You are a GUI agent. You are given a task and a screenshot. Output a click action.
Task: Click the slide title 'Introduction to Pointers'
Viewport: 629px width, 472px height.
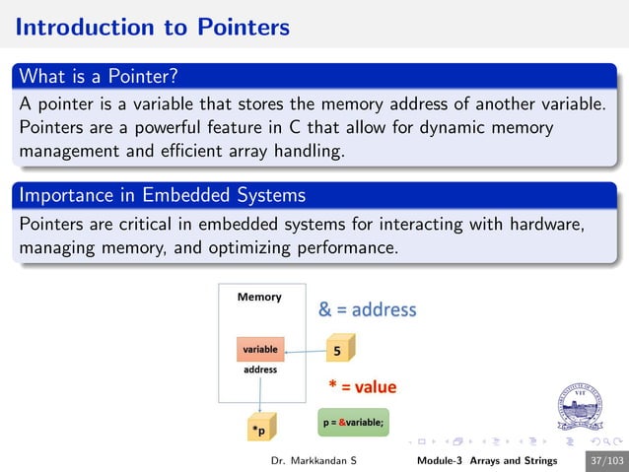pyautogui.click(x=153, y=27)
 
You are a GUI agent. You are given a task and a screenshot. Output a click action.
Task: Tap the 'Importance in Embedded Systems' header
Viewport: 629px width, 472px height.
pyautogui.click(x=163, y=196)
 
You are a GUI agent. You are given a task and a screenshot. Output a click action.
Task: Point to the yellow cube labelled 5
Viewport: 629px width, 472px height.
pyautogui.click(x=340, y=349)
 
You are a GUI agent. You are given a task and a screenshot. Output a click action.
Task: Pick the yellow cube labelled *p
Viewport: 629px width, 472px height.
pyautogui.click(x=260, y=429)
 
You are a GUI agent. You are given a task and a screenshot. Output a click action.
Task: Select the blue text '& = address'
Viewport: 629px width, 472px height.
pyautogui.click(x=367, y=309)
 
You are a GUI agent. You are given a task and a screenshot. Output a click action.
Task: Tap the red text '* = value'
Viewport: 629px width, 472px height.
pyautogui.click(x=362, y=386)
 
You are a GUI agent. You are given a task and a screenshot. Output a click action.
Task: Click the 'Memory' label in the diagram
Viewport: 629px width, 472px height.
pyautogui.click(x=259, y=297)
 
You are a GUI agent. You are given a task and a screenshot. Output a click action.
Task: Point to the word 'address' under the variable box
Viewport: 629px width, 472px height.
pyautogui.click(x=260, y=370)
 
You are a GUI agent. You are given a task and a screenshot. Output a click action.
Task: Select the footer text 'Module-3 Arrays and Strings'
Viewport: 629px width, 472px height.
pyautogui.click(x=486, y=461)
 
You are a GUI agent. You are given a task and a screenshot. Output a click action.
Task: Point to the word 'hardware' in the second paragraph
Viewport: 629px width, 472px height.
pyautogui.click(x=542, y=224)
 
